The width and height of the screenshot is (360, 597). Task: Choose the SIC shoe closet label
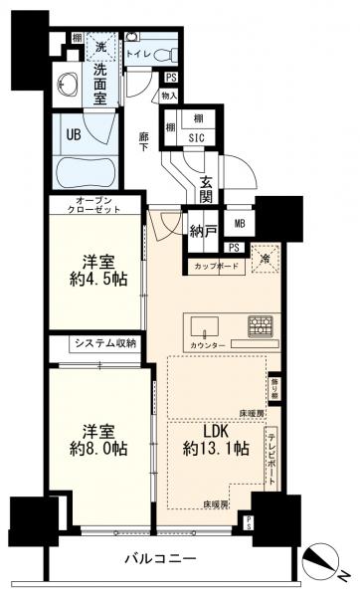[196, 138]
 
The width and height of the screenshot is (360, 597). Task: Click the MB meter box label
[241, 224]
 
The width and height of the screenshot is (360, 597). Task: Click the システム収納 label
[102, 343]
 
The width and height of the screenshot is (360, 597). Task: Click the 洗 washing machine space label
[100, 45]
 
